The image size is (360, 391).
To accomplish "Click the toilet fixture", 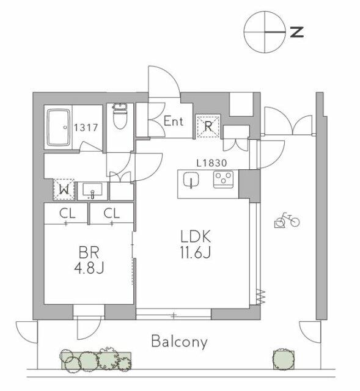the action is pyautogui.click(x=120, y=116).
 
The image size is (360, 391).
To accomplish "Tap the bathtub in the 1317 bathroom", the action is pyautogui.click(x=59, y=127).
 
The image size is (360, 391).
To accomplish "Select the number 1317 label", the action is pyautogui.click(x=86, y=128).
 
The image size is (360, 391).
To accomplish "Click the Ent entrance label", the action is pyautogui.click(x=174, y=122).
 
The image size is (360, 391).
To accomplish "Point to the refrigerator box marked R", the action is pyautogui.click(x=208, y=126).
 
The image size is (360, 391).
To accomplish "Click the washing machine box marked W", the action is pyautogui.click(x=64, y=190).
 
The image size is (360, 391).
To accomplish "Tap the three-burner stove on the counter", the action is pyautogui.click(x=223, y=179).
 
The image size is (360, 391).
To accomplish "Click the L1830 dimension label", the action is pyautogui.click(x=211, y=163).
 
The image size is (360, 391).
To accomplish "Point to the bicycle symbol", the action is pyautogui.click(x=287, y=220).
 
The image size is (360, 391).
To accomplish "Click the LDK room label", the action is pyautogui.click(x=196, y=236).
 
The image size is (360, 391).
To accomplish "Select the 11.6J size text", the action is pyautogui.click(x=196, y=252).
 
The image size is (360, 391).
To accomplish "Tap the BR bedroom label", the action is pyautogui.click(x=89, y=252).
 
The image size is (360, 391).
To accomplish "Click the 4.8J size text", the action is pyautogui.click(x=89, y=268).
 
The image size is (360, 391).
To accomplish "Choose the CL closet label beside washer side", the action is pyautogui.click(x=67, y=213).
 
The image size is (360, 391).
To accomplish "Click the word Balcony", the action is pyautogui.click(x=179, y=342).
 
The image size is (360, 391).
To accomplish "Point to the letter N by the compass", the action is pyautogui.click(x=297, y=32).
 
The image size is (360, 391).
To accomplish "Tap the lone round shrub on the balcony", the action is pyautogui.click(x=283, y=359).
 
